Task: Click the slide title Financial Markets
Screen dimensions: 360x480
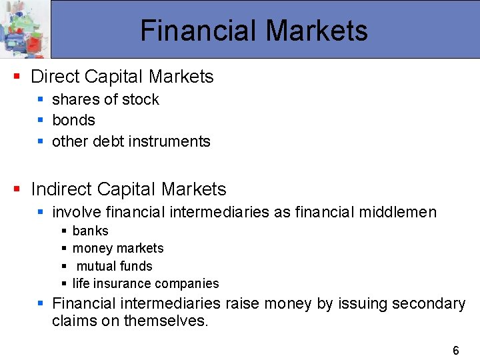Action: (x=254, y=31)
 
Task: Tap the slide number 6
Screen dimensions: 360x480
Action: (x=456, y=351)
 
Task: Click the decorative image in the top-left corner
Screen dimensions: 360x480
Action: (x=25, y=29)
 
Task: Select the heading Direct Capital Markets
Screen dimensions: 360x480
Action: (x=122, y=77)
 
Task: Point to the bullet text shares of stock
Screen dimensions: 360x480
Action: (x=105, y=99)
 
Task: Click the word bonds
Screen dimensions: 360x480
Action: (x=73, y=120)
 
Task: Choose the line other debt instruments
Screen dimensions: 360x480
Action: (x=131, y=141)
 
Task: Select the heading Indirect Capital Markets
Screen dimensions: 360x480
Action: (x=129, y=189)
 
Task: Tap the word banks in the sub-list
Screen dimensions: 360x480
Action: (x=90, y=231)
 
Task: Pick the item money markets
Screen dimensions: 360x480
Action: (x=117, y=248)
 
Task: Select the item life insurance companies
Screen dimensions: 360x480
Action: (x=145, y=283)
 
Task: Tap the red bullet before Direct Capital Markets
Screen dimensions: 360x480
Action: (x=17, y=77)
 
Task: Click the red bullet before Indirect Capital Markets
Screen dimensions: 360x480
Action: (x=17, y=189)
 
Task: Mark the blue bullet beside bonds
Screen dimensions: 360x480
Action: (x=41, y=120)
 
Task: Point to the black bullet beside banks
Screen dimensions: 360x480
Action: (x=64, y=231)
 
